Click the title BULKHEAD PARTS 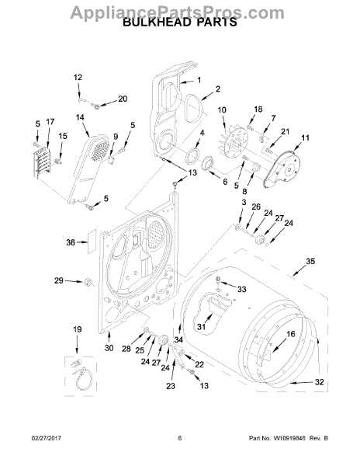[x=180, y=24]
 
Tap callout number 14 [x=80, y=117]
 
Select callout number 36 [x=71, y=242]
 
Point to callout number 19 [x=77, y=331]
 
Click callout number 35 [x=310, y=261]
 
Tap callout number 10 [x=221, y=110]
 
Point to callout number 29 [x=57, y=280]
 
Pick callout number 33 [x=241, y=289]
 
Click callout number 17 [x=50, y=122]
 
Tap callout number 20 [x=123, y=99]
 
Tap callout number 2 [x=218, y=89]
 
